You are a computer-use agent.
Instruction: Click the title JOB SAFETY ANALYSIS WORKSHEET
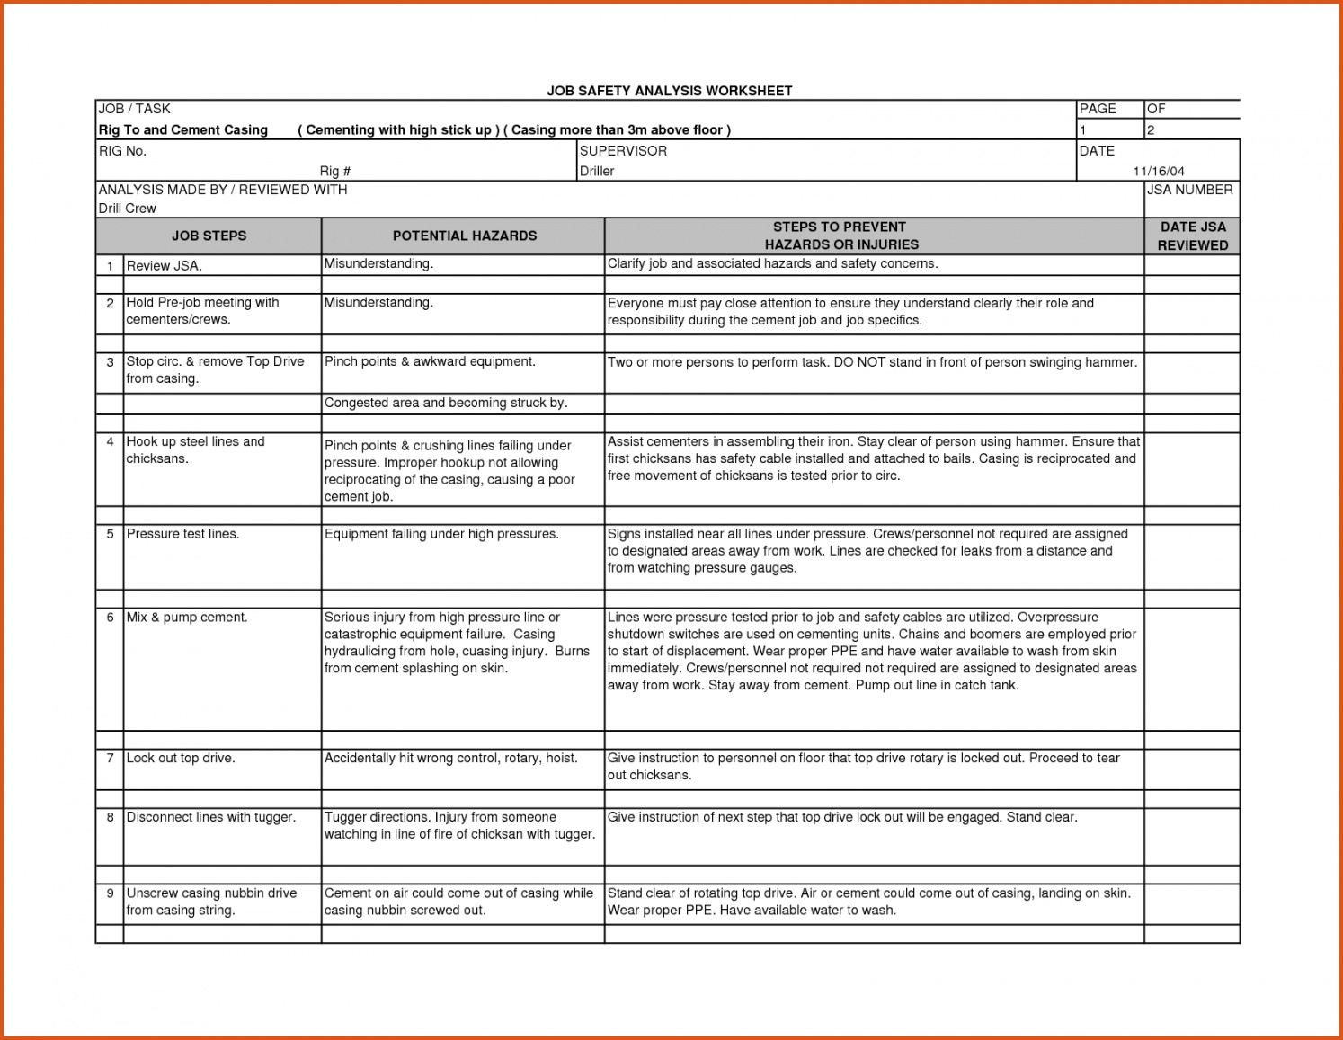(x=670, y=91)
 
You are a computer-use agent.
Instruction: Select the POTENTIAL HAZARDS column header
(x=464, y=236)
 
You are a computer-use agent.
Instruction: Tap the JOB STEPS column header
(x=209, y=236)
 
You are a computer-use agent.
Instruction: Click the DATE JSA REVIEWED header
(x=1192, y=236)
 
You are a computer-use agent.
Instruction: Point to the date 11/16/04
(x=1159, y=171)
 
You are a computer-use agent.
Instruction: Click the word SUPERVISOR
(x=623, y=151)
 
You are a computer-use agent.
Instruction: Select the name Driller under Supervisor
(x=597, y=171)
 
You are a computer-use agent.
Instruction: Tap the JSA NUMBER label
(x=1189, y=190)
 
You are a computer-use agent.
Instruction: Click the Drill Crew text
(x=127, y=209)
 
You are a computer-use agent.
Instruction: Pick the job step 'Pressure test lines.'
(x=182, y=534)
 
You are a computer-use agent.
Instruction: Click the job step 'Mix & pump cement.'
(x=187, y=618)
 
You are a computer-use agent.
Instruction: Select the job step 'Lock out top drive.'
(x=181, y=758)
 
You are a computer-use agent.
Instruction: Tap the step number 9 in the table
(x=110, y=893)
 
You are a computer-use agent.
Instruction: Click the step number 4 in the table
(x=110, y=441)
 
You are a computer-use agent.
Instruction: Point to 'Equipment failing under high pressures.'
(x=441, y=534)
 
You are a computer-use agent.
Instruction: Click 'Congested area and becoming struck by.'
(x=446, y=403)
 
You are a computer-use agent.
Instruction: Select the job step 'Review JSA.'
(x=165, y=266)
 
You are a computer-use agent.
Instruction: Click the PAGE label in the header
(x=1098, y=109)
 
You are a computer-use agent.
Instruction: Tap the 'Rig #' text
(x=334, y=171)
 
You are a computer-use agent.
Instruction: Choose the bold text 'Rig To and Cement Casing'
(x=183, y=130)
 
